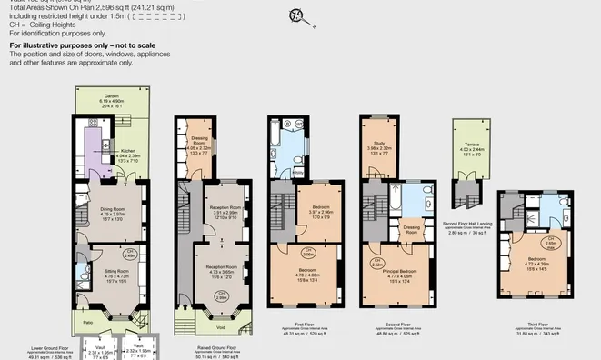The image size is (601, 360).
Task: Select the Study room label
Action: click(379, 147)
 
